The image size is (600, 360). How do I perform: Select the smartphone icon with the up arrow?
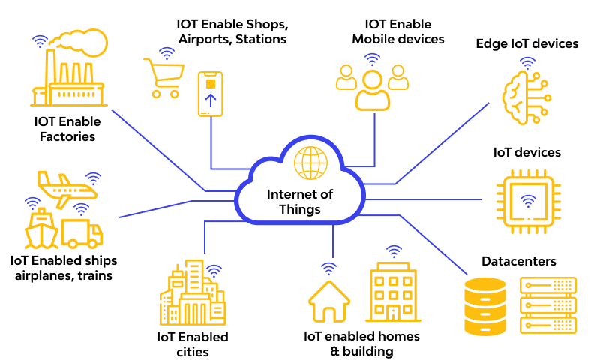[x=211, y=94]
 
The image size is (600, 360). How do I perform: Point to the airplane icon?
[x=66, y=187]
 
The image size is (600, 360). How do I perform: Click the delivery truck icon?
[x=82, y=233]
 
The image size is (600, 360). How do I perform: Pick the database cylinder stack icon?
[x=485, y=307]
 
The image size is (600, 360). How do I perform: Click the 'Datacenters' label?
[x=519, y=261]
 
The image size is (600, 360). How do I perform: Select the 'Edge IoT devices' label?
[x=527, y=43]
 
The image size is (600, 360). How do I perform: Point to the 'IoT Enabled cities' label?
[x=193, y=344]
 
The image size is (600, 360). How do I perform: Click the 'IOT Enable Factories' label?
[x=67, y=128]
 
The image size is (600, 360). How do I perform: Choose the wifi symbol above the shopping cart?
[x=167, y=53]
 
